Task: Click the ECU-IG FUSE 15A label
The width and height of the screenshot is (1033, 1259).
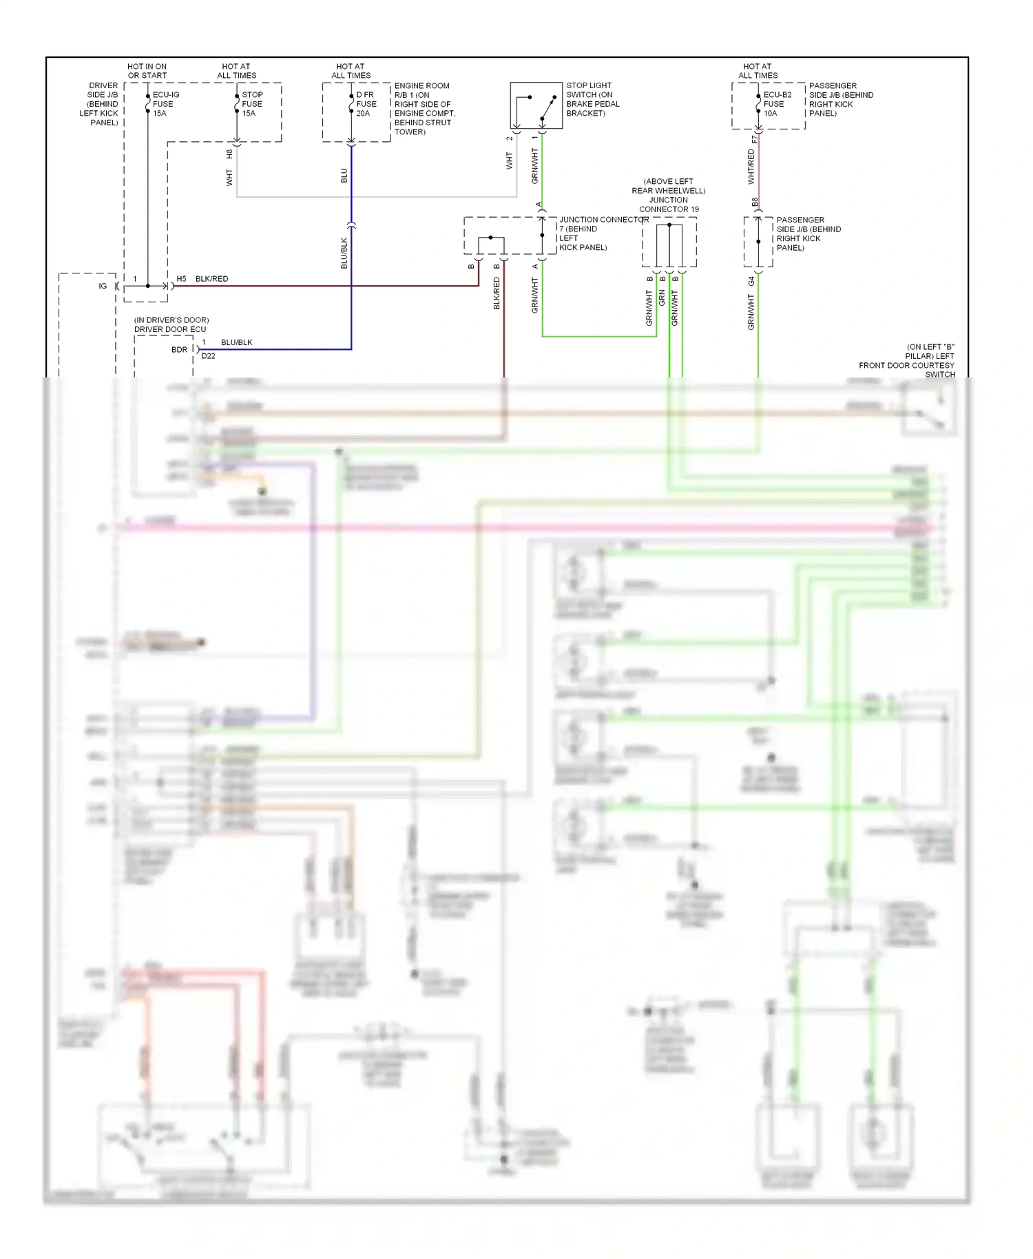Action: [165, 104]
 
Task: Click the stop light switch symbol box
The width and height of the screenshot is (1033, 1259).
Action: [535, 105]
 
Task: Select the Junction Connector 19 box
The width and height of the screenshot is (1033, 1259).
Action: [669, 242]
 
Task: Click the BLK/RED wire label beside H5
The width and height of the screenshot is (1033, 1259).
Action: [211, 279]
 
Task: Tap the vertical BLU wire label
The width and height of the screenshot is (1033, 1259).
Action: [344, 176]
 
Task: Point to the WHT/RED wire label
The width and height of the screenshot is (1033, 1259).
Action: [751, 167]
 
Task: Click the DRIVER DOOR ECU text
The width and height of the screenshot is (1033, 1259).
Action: [169, 329]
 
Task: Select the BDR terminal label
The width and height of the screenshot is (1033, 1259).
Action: [179, 350]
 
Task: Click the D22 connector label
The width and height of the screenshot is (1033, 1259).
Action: [208, 356]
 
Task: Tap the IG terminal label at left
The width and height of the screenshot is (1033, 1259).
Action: [103, 286]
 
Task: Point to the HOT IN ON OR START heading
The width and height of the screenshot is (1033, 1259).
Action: [147, 71]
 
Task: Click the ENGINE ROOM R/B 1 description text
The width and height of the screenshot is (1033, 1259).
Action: [424, 109]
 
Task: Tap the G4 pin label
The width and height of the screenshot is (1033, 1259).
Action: [751, 281]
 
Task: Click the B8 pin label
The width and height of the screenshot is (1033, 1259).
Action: [755, 202]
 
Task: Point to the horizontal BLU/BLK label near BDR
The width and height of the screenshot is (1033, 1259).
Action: [236, 342]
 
